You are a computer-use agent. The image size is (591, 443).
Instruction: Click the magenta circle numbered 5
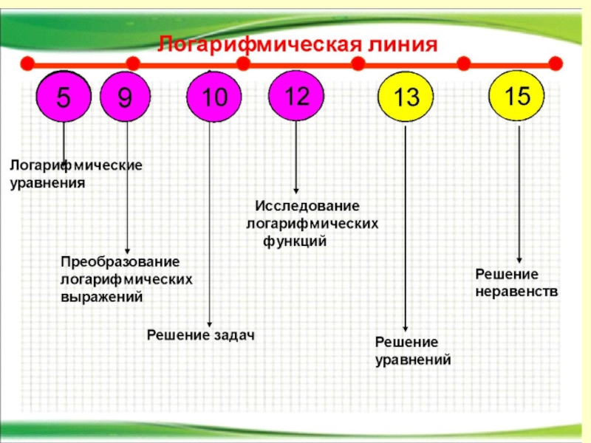point(64,97)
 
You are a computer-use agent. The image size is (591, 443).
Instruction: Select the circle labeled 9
point(126,97)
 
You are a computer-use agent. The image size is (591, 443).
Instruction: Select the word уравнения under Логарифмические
point(47,182)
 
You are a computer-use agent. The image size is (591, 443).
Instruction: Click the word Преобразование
point(120,263)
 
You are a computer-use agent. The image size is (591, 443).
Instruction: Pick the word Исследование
point(307,206)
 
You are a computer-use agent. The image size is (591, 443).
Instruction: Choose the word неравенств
point(516,292)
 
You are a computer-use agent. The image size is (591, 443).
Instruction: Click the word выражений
point(101,297)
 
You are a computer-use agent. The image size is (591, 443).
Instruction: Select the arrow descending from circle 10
point(211,221)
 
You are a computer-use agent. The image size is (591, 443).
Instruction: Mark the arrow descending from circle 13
point(406,229)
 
